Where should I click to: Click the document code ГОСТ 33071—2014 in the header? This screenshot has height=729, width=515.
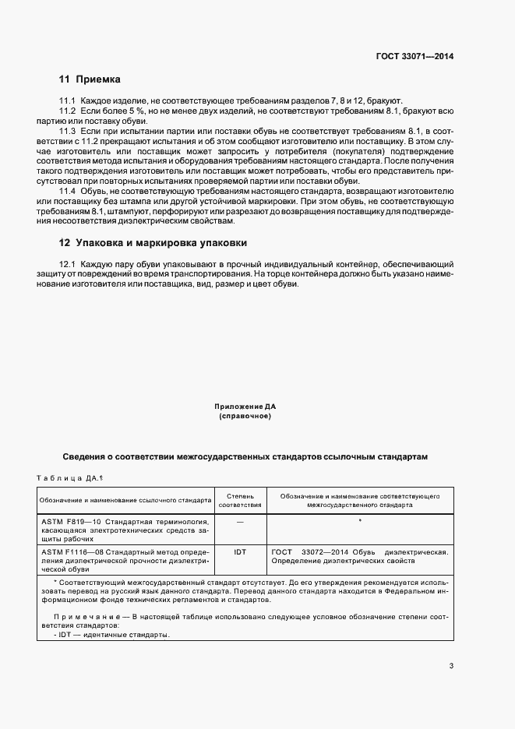coord(414,56)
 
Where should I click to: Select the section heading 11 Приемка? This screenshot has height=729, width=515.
coord(90,79)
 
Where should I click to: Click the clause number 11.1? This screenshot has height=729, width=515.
coord(68,101)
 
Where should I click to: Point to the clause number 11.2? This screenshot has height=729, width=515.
coord(68,112)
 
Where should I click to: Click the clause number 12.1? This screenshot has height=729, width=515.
coord(68,265)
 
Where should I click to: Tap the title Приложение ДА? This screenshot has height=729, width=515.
coord(245,407)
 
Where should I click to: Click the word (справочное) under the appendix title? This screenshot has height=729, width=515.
coord(245,417)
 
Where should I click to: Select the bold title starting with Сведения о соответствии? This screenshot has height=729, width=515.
coord(245,456)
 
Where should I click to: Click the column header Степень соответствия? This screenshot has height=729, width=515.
coord(240,499)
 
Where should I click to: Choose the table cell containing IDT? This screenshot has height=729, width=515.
coord(240,552)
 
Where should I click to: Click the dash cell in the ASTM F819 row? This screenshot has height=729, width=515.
coord(240,521)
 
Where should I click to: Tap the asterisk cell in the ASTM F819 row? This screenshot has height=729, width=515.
coord(359,520)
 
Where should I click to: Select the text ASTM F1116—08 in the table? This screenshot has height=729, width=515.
coord(66,552)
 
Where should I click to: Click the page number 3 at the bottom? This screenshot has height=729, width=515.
coord(451,666)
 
